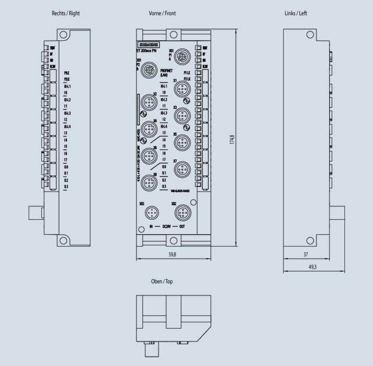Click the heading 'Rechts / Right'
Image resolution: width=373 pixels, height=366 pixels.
[66, 13]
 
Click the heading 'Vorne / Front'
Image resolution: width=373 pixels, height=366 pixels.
[162, 13]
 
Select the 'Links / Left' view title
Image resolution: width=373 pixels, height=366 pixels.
[294, 13]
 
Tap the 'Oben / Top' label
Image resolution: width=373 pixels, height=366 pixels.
[161, 281]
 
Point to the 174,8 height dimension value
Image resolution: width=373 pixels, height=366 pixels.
[232, 140]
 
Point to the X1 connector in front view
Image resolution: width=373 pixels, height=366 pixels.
[182, 89]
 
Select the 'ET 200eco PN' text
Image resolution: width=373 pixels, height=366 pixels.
[149, 51]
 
